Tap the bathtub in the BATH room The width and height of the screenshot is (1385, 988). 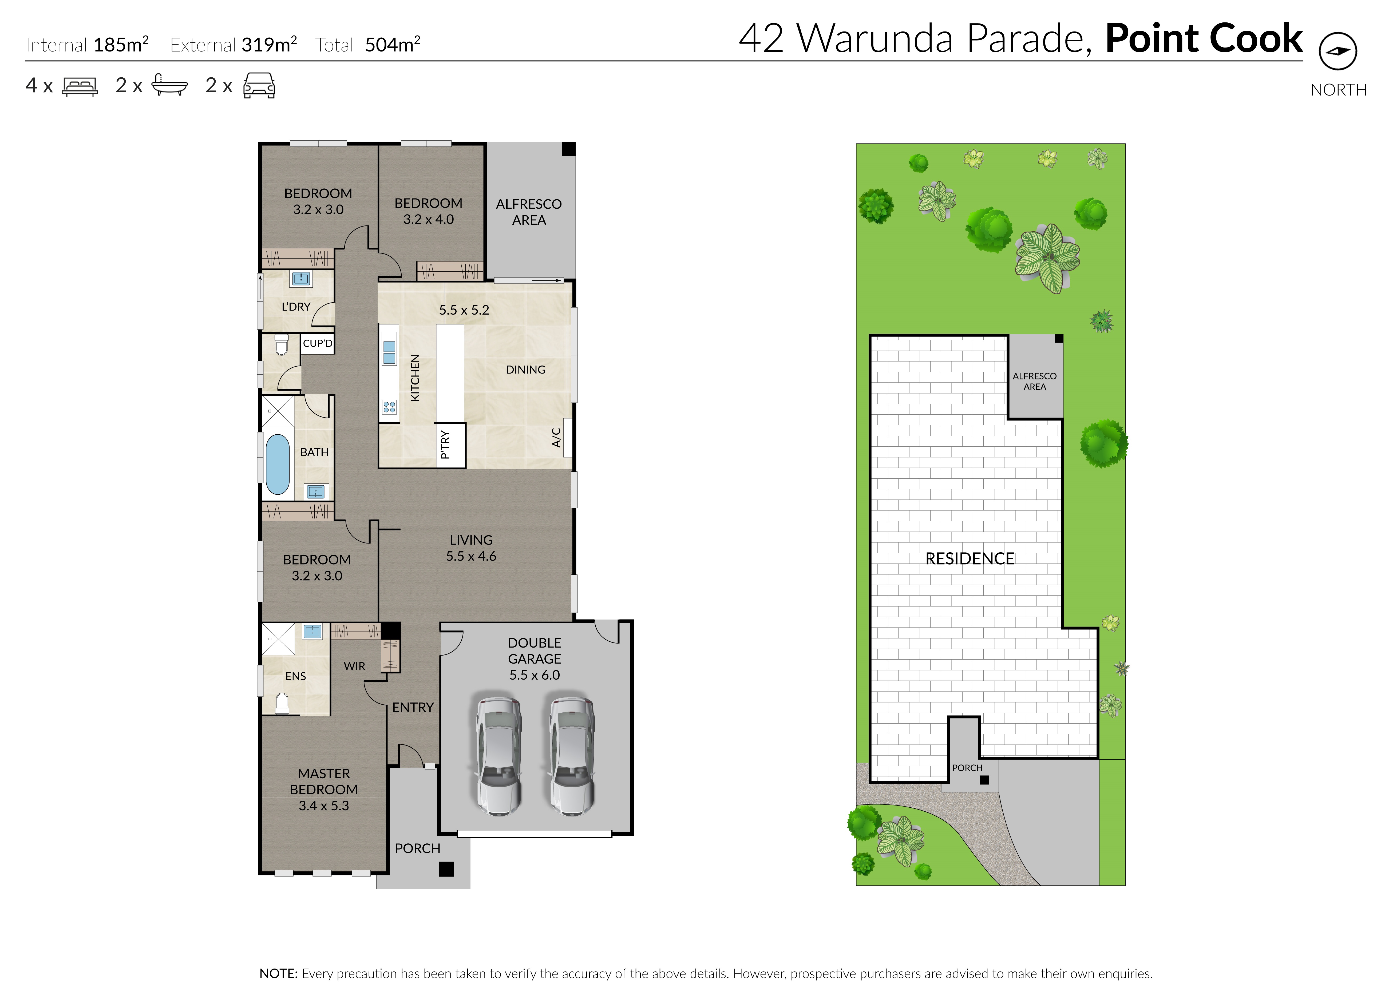[x=278, y=464]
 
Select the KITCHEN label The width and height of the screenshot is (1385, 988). [x=415, y=378]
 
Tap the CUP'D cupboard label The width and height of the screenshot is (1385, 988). [x=318, y=343]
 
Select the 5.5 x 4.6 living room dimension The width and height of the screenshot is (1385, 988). [x=471, y=556]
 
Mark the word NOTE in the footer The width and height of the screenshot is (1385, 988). [x=278, y=973]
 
